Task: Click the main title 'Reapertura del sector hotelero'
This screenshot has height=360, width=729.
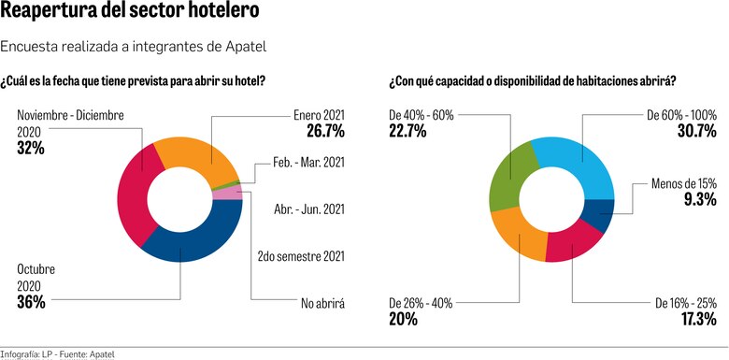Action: click(130, 14)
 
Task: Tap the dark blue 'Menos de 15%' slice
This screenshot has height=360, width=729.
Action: click(600, 214)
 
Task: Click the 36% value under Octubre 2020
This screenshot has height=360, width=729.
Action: click(31, 302)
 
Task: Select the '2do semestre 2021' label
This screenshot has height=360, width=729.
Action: click(300, 255)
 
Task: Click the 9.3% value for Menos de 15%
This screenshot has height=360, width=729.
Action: click(698, 199)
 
